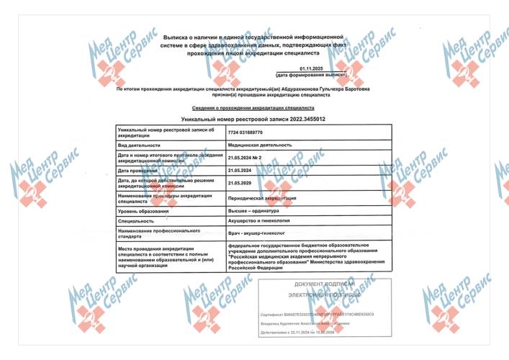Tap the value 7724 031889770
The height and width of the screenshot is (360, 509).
click(246, 132)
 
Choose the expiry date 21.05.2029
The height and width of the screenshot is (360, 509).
click(239, 183)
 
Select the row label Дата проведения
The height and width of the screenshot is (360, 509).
click(138, 170)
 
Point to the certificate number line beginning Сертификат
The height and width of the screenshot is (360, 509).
click(317, 316)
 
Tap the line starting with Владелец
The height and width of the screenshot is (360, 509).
click(310, 325)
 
